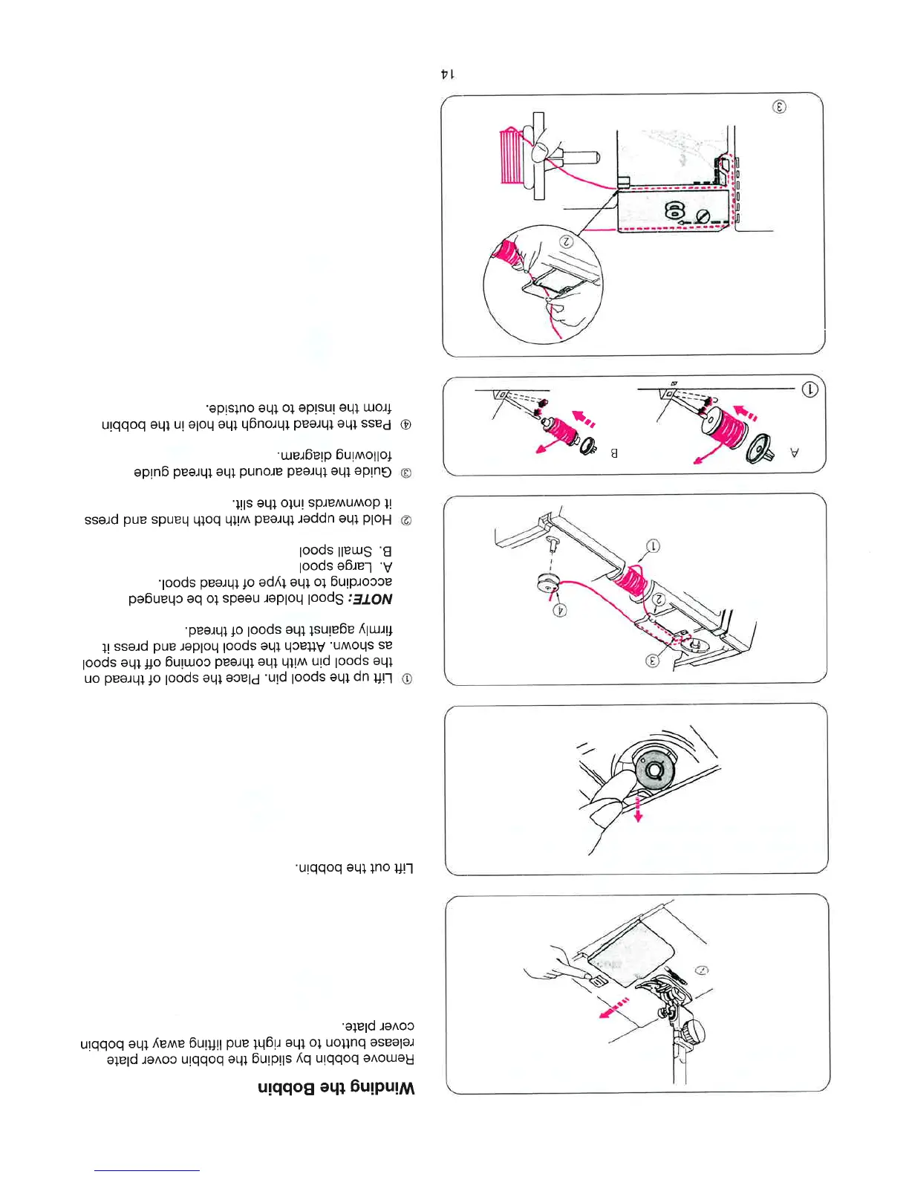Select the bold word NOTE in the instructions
click(x=372, y=598)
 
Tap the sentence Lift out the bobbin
click(x=356, y=867)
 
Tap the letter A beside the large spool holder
click(x=795, y=452)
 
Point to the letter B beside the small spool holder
click(x=614, y=452)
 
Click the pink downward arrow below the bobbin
click(x=638, y=810)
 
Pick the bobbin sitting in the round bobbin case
click(x=654, y=770)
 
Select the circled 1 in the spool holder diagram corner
click(x=810, y=389)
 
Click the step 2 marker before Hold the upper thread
click(x=406, y=520)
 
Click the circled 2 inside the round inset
click(x=566, y=241)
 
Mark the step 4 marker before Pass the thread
click(x=406, y=425)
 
